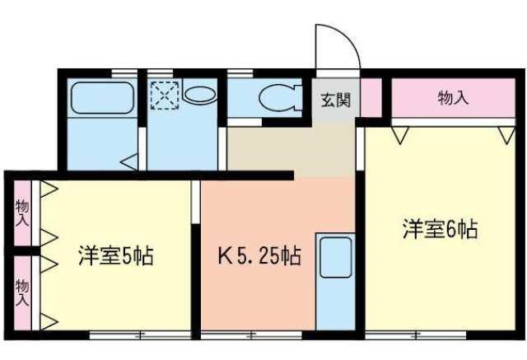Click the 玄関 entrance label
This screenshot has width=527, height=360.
(336, 101)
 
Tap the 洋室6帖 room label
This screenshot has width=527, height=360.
(441, 229)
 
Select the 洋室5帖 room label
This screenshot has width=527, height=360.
(116, 256)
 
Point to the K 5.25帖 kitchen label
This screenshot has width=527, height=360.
(259, 256)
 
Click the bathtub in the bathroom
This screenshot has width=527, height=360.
(102, 98)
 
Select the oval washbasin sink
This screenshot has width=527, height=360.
(199, 95)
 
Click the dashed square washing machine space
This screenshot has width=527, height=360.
(165, 96)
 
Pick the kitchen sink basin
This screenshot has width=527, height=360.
(336, 258)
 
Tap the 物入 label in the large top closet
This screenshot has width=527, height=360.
(454, 98)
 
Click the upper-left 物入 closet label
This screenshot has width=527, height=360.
(22, 213)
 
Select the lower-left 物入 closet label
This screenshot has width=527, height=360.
(22, 292)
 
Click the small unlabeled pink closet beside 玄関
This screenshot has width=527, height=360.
(371, 97)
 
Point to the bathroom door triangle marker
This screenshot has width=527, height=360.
(129, 162)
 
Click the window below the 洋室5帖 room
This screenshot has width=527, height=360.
(140, 334)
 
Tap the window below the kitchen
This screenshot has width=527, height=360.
(251, 334)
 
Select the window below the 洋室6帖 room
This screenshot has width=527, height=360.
(416, 334)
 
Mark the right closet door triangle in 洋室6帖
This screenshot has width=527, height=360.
(507, 135)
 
